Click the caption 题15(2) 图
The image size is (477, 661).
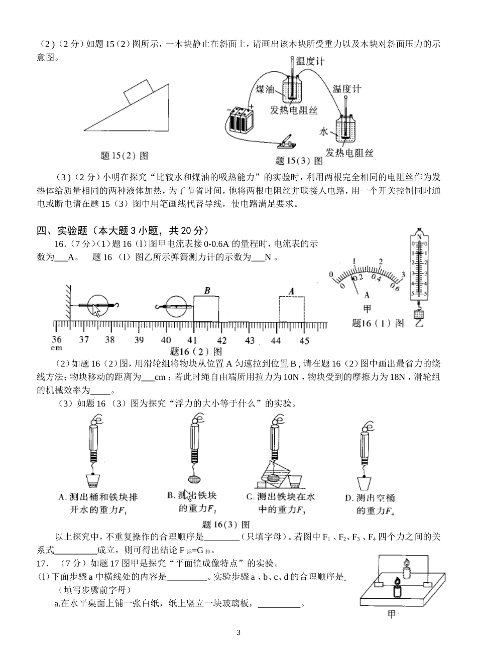click(124, 156)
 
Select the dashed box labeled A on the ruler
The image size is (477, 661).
click(292, 308)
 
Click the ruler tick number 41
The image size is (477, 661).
click(193, 340)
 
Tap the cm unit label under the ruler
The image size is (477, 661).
click(56, 347)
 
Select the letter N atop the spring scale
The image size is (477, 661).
click(418, 235)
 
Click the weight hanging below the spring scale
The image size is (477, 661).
click(419, 315)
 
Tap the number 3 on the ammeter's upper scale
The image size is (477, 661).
click(403, 273)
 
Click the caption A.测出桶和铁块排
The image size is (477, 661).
click(98, 497)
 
